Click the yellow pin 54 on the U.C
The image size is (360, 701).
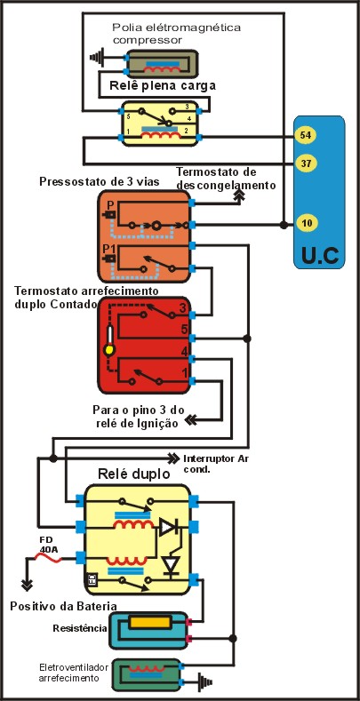(x=306, y=135)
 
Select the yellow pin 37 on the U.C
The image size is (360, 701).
(x=306, y=163)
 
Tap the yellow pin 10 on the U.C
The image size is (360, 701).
(x=306, y=222)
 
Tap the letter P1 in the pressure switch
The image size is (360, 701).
(x=108, y=248)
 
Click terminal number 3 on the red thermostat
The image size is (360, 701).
(x=182, y=309)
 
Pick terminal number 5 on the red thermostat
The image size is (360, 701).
(x=182, y=328)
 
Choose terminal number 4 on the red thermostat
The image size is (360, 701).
(x=182, y=351)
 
